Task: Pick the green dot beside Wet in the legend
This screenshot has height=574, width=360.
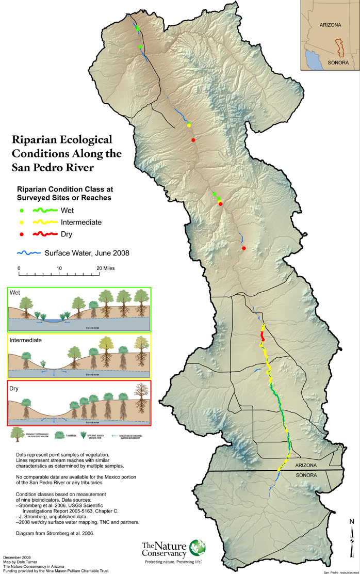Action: click(x=21, y=211)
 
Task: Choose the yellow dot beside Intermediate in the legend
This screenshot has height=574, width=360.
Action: click(x=21, y=222)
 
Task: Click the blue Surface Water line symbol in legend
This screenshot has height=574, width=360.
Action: click(x=29, y=253)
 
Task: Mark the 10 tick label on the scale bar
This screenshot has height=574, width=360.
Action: click(x=59, y=268)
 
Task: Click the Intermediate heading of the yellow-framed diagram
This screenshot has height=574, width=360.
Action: click(x=26, y=341)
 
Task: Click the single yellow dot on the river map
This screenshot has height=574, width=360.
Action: click(x=189, y=125)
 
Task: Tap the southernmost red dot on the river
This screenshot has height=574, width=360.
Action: click(x=243, y=249)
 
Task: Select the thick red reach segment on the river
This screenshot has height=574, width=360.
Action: click(x=263, y=336)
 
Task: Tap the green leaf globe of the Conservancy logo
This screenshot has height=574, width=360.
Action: click(x=197, y=548)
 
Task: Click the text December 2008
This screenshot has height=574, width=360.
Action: click(x=16, y=558)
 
